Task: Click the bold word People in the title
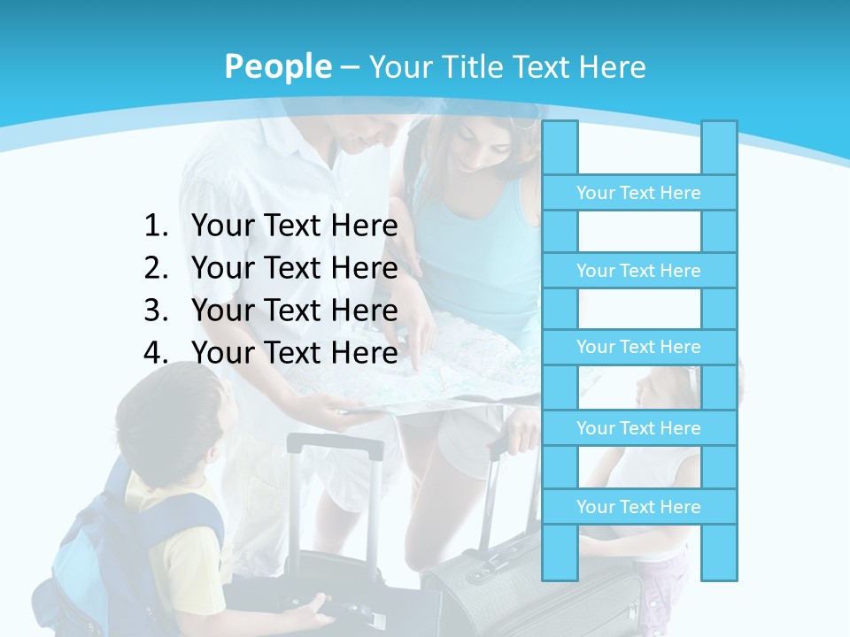tap(277, 66)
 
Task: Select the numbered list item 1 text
tap(294, 226)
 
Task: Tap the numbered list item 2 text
tap(294, 268)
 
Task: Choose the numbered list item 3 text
tap(294, 311)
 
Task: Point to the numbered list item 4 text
tap(294, 353)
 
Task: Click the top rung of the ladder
tap(638, 193)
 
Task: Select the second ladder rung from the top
tap(638, 271)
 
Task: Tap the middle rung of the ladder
tap(638, 347)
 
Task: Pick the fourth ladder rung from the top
tap(638, 428)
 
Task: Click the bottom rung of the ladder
tap(638, 507)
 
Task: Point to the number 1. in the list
tap(156, 226)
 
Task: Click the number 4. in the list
tap(156, 353)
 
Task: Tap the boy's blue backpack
tap(97, 557)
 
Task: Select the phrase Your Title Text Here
tap(506, 66)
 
